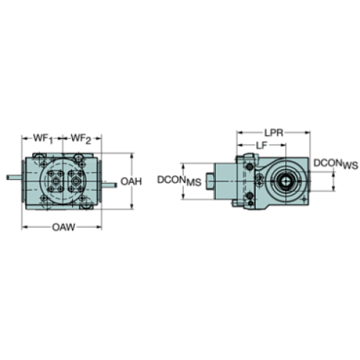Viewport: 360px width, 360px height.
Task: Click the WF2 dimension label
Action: (x=80, y=138)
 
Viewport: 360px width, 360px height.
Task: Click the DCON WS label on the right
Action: (x=334, y=165)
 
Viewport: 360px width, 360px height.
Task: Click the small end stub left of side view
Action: (x=210, y=179)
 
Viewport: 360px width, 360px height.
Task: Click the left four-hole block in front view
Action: (x=54, y=180)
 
